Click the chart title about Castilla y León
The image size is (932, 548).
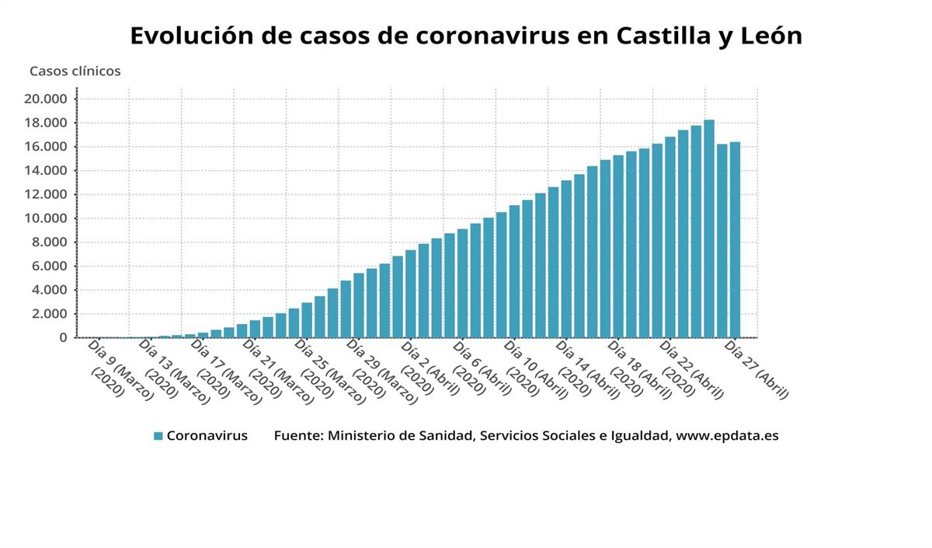pyautogui.click(x=465, y=37)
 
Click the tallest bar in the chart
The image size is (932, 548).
pyautogui.click(x=709, y=229)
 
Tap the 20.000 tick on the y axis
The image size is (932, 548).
pyautogui.click(x=47, y=99)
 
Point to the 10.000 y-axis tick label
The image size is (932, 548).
pyautogui.click(x=47, y=218)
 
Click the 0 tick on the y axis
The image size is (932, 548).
pyautogui.click(x=63, y=338)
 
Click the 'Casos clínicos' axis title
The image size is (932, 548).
pyautogui.click(x=75, y=72)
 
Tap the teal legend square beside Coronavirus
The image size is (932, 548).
pyautogui.click(x=158, y=436)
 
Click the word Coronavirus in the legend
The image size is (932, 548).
pyautogui.click(x=207, y=436)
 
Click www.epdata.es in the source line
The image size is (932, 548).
pyautogui.click(x=727, y=436)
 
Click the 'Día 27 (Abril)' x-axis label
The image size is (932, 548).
pyautogui.click(x=756, y=369)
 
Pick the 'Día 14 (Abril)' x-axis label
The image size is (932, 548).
pyautogui.click(x=586, y=369)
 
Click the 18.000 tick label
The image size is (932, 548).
pyautogui.click(x=47, y=123)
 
